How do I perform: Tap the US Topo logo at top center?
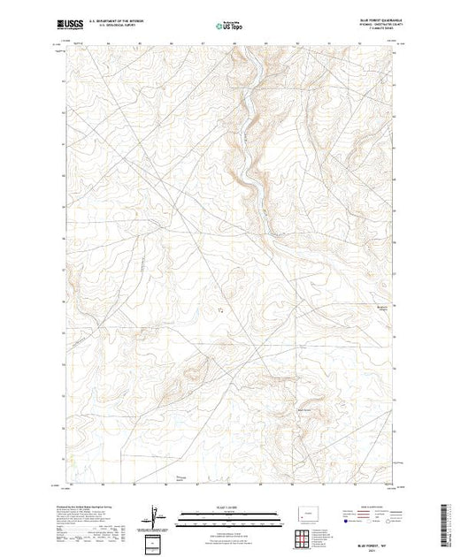click(231, 24)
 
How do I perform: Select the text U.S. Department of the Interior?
click(123, 19)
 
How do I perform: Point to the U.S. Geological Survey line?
click(123, 25)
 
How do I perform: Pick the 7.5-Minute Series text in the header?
click(371, 29)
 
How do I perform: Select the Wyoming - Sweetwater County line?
click(371, 25)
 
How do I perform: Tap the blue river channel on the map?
click(252, 115)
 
